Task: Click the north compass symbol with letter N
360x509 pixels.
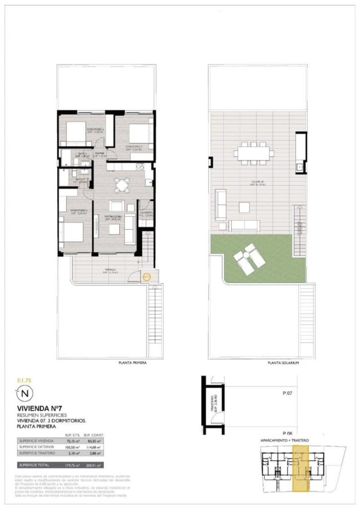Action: [25, 394]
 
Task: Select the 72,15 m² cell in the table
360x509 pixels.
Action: [72, 441]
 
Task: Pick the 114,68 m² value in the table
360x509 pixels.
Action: [93, 447]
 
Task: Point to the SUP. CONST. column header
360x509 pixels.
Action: [94, 435]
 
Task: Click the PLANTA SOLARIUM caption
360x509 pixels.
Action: [283, 363]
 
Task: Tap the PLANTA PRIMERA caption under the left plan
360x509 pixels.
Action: [132, 363]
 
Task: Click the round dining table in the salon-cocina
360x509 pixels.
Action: [122, 185]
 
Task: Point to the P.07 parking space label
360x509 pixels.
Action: [288, 393]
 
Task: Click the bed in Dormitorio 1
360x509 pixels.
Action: [72, 232]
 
